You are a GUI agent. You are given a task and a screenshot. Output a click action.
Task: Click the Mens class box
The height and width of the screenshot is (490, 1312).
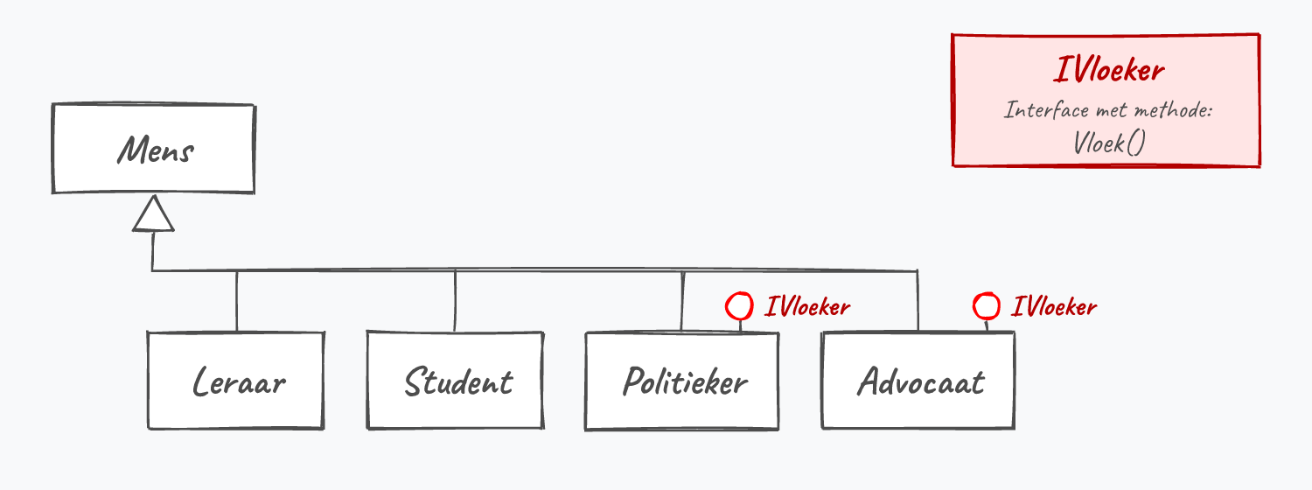(x=153, y=148)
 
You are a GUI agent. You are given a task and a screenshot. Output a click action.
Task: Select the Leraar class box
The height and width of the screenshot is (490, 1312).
(x=235, y=381)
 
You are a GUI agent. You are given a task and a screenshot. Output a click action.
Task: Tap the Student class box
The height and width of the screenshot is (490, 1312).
(x=455, y=381)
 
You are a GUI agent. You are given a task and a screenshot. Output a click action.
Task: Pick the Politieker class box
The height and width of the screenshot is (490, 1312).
(x=681, y=381)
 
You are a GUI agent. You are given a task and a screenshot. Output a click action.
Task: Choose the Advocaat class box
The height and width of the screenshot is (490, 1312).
(x=918, y=381)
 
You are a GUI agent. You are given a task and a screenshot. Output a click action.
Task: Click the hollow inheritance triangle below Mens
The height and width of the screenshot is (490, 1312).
(x=153, y=213)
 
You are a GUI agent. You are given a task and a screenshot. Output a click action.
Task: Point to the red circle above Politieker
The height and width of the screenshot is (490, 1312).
(x=739, y=306)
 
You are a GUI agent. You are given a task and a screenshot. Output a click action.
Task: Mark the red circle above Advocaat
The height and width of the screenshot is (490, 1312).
(x=987, y=306)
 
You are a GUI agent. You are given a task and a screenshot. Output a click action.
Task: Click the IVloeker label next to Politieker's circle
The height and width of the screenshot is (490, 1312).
(x=807, y=306)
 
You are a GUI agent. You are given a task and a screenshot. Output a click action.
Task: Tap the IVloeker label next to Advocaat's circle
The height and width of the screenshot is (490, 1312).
(x=1054, y=306)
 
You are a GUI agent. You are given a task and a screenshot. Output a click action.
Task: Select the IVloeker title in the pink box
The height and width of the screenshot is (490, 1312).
(x=1109, y=70)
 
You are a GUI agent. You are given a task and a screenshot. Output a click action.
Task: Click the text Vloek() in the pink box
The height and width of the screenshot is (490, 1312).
(x=1109, y=143)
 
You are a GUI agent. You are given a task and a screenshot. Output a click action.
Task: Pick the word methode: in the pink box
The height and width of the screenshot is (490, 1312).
(x=1173, y=109)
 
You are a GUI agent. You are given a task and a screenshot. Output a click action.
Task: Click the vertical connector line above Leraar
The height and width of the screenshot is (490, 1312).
(x=237, y=301)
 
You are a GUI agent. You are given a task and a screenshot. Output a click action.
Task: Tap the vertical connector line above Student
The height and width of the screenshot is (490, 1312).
(x=455, y=301)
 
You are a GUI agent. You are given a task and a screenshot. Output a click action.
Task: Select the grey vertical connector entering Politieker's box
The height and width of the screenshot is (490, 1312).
(x=682, y=301)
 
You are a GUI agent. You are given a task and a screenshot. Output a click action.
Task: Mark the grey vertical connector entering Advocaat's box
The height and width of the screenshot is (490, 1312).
(x=918, y=301)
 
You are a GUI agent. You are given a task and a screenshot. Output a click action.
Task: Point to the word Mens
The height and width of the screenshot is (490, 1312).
(x=155, y=150)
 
